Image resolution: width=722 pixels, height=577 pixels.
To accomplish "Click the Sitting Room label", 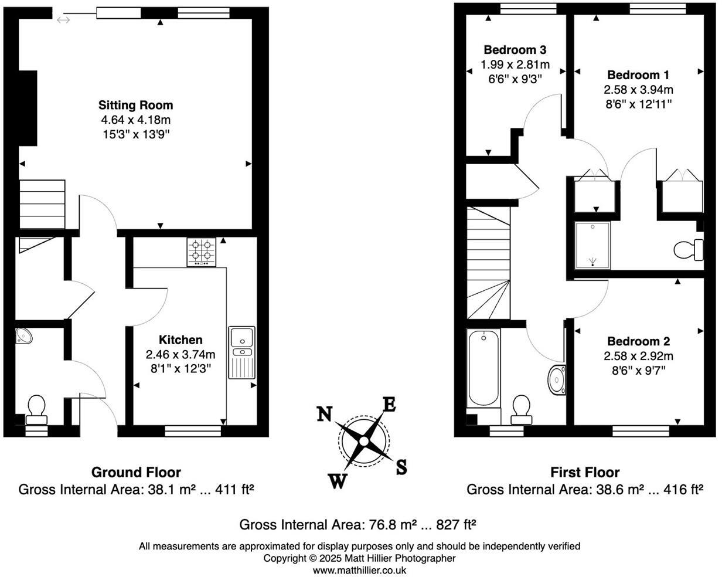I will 135,106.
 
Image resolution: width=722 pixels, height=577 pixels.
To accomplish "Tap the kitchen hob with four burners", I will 201,252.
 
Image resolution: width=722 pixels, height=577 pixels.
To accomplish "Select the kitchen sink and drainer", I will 241,352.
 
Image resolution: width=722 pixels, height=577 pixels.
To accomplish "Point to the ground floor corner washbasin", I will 24,335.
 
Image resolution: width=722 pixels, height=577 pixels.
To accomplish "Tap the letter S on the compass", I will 401,467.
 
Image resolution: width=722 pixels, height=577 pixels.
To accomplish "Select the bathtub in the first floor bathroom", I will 483,368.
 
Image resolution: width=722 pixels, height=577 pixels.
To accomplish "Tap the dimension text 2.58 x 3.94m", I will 638,90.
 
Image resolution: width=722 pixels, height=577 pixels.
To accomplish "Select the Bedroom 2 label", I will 638,341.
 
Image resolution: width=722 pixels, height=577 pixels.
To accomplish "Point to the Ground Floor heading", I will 136,472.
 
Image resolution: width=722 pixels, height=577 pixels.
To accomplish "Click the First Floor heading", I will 584,472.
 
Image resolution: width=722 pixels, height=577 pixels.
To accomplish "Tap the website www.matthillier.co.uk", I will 359,570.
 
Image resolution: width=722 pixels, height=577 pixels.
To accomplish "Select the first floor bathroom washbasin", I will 556,380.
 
